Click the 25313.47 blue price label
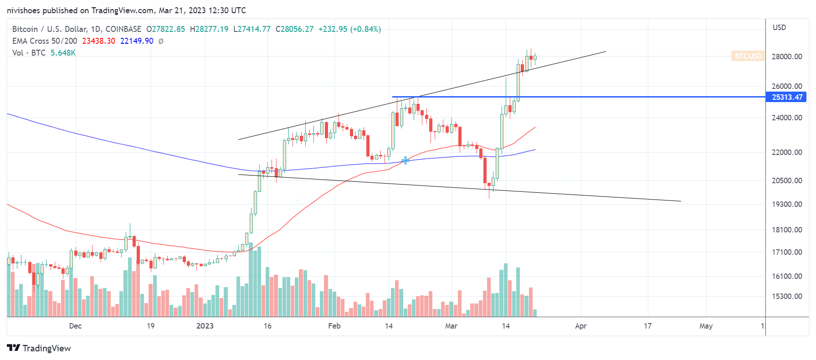click(787, 97)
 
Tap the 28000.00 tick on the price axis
click(787, 57)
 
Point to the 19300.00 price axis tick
click(787, 204)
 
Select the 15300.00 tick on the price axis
click(787, 296)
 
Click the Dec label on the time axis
click(75, 326)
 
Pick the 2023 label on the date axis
click(205, 326)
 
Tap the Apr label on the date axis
click(581, 326)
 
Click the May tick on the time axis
click(706, 326)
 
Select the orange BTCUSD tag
click(748, 56)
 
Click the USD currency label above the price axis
click(779, 27)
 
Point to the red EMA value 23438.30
click(98, 41)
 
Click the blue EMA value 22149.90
click(137, 41)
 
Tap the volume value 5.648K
click(63, 53)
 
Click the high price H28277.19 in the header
click(209, 29)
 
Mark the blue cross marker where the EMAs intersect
click(405, 160)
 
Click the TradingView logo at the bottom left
click(39, 348)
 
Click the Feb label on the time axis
click(334, 326)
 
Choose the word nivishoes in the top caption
click(23, 10)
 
